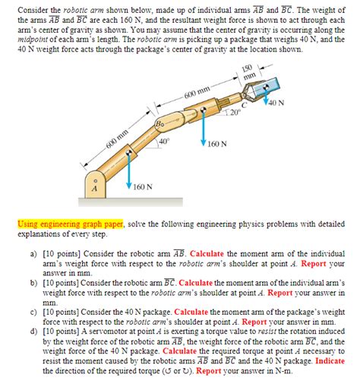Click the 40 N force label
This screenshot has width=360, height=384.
[x=276, y=103]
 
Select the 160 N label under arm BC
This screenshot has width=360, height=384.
[x=217, y=143]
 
